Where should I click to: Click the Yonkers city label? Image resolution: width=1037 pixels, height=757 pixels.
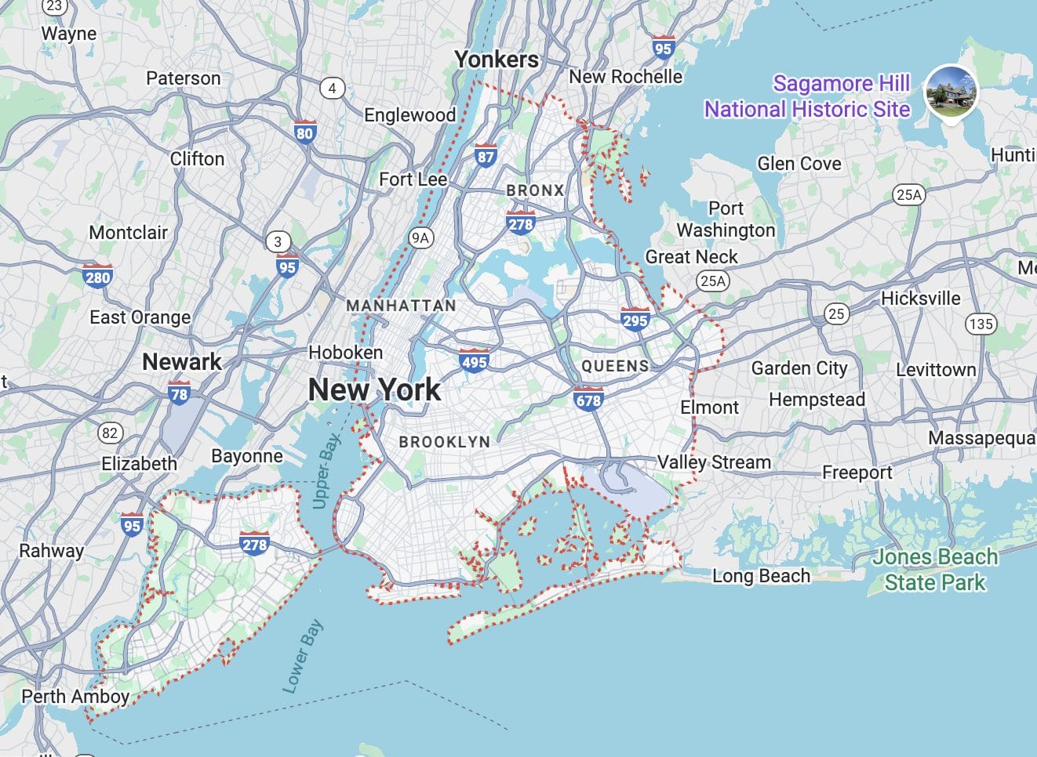point(497,60)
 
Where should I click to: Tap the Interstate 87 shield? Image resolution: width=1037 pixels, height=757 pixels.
point(486,155)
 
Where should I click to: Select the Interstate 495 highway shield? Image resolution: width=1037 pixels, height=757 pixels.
point(474,360)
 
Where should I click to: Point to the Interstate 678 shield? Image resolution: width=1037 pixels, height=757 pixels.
point(588,399)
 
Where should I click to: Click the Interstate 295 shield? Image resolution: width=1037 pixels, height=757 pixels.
point(635,318)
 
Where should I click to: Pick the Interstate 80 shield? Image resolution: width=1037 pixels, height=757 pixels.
point(304,132)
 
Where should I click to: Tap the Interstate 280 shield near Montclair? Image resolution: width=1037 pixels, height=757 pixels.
point(97,276)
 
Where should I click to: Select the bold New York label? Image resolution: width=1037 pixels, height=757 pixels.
point(374,389)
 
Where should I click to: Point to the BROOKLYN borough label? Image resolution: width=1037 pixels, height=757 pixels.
point(444,442)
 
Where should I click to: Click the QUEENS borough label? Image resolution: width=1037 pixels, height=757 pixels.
point(615,366)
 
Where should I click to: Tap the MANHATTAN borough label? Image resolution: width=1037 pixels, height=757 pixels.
point(401,306)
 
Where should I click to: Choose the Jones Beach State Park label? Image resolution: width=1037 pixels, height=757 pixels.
point(935,570)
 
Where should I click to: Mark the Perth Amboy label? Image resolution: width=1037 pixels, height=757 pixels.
point(75,696)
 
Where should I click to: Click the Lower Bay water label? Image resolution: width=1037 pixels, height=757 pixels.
point(302,657)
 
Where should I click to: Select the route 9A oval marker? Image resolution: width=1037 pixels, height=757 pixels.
point(421,237)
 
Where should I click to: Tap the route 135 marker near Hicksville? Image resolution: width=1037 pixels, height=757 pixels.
point(981,324)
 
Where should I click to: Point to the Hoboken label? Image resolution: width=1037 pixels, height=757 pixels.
point(346,353)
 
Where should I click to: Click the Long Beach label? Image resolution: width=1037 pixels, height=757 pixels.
point(761,576)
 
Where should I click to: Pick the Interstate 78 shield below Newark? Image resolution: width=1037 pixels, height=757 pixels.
point(179,393)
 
